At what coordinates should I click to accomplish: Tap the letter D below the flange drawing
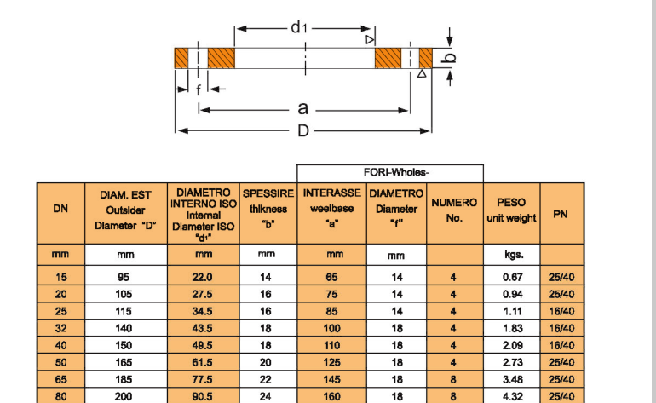tap(302, 130)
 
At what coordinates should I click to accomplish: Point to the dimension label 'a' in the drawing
tap(302, 109)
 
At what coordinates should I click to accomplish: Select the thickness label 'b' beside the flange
tap(452, 58)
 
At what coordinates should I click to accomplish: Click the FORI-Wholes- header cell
tap(390, 173)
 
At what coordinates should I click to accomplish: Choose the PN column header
tap(561, 214)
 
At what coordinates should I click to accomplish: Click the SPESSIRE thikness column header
tap(268, 210)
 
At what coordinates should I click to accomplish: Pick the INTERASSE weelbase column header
tap(331, 209)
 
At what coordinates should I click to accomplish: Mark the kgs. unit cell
tap(511, 255)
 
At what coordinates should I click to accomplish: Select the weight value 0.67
tap(511, 278)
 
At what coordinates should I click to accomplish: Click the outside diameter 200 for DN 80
tap(124, 395)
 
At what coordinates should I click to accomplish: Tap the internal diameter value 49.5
tap(203, 345)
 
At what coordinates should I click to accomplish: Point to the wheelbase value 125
tap(331, 362)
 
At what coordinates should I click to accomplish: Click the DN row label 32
tap(60, 328)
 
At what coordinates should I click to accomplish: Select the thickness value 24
tap(267, 395)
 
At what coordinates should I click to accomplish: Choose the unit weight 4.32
tap(511, 395)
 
